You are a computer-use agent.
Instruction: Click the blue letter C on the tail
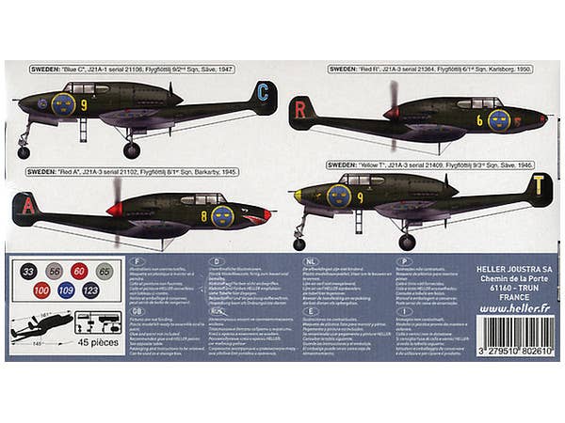(x=263, y=92)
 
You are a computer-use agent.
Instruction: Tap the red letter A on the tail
(x=28, y=207)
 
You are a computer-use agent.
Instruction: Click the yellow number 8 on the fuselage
(x=204, y=214)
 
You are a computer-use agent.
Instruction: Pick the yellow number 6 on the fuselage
(x=479, y=120)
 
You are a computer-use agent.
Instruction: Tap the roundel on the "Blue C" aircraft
(x=63, y=103)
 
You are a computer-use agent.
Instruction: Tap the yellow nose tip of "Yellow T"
(x=298, y=196)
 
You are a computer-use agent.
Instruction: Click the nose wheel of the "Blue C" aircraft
(x=24, y=152)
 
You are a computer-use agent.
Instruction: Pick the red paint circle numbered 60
(x=79, y=271)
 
